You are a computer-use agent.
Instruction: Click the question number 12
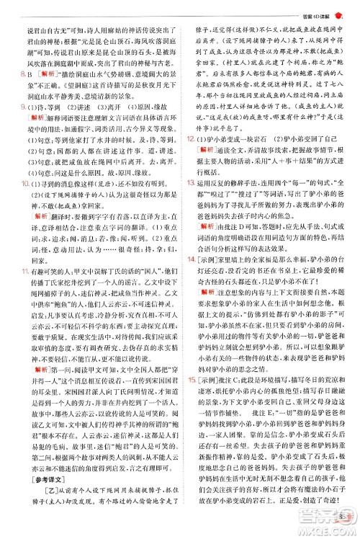(189, 156)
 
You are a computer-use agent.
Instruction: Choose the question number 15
(189, 382)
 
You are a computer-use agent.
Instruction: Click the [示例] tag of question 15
(205, 382)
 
